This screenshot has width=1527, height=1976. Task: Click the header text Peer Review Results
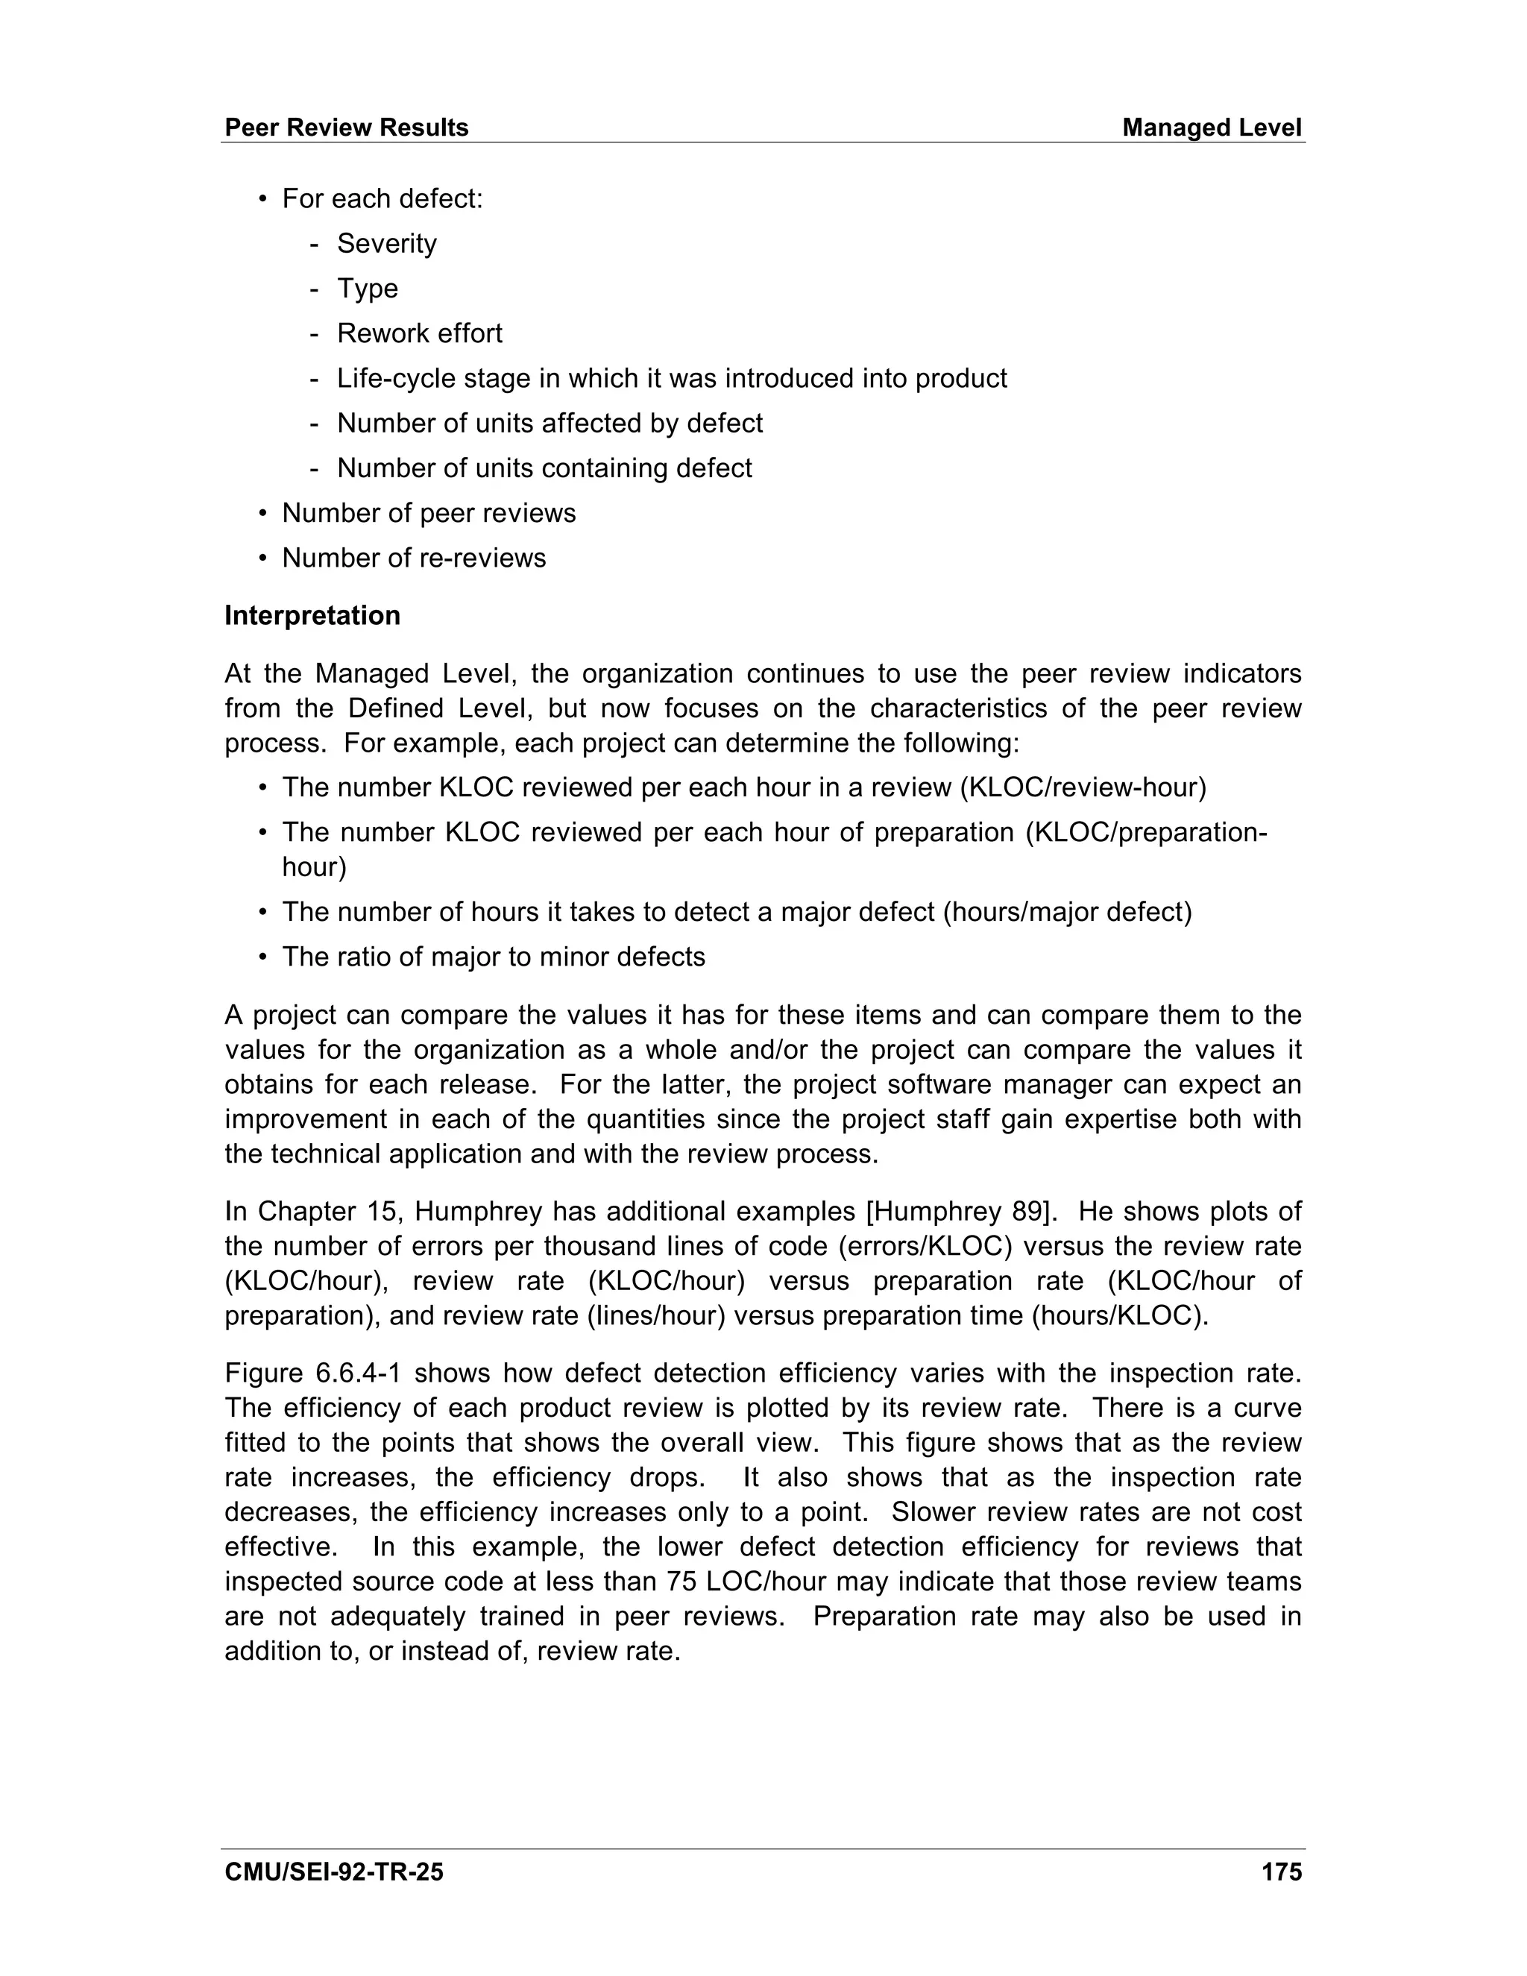[x=347, y=128]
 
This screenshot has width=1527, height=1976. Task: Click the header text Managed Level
[x=1212, y=128]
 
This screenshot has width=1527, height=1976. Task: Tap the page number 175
[x=1281, y=1872]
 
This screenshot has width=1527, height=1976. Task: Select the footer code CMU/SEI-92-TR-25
[x=334, y=1872]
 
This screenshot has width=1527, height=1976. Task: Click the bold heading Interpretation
[x=312, y=615]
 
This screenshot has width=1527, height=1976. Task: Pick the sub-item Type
[x=368, y=289]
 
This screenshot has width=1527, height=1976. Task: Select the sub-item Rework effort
[x=419, y=334]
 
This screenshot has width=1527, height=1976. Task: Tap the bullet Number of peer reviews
[x=428, y=513]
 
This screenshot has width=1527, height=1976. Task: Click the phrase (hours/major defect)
[x=1068, y=912]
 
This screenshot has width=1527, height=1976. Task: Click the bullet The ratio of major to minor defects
[x=493, y=957]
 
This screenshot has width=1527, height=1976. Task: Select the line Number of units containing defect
[x=544, y=469]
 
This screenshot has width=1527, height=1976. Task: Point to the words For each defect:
[x=382, y=199]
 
